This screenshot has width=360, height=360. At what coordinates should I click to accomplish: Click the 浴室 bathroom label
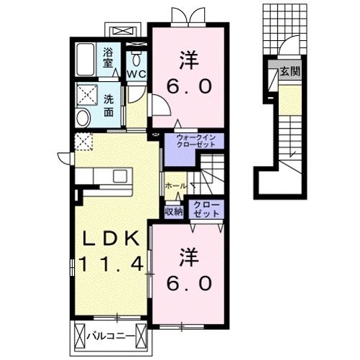pyautogui.click(x=109, y=57)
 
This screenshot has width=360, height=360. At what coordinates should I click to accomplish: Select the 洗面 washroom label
pyautogui.click(x=109, y=106)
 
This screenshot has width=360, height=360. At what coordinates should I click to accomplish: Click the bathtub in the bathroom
pyautogui.click(x=86, y=59)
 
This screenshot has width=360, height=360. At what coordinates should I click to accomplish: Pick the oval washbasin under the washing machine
pyautogui.click(x=83, y=119)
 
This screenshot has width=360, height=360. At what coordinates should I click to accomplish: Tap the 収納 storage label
pyautogui.click(x=173, y=211)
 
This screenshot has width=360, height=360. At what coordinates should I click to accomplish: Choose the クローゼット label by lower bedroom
pyautogui.click(x=206, y=209)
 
